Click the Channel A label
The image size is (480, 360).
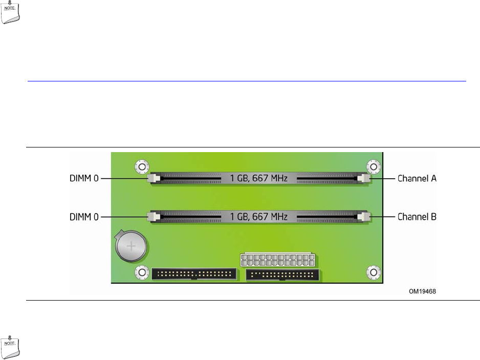417,179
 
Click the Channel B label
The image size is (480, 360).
417,217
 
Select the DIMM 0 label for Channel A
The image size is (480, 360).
85,179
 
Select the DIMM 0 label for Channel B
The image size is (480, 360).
85,217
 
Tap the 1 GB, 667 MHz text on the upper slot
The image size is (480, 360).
258,178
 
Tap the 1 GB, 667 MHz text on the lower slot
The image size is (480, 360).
258,217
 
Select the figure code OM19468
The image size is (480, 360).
423,291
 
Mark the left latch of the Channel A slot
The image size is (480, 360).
153,178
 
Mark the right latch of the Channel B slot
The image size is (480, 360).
364,217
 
